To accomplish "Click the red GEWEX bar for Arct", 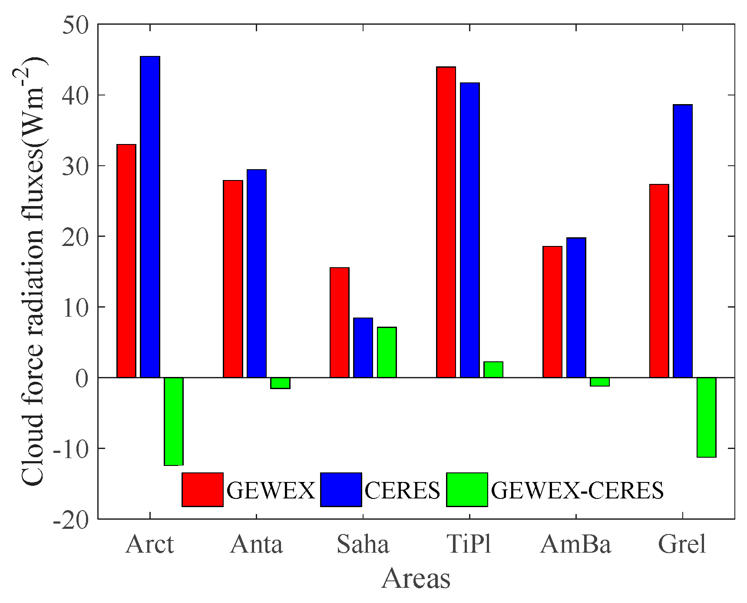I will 126,261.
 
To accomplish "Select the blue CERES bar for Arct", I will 150,217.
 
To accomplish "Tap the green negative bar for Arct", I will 174,421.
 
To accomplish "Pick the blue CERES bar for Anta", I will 257,273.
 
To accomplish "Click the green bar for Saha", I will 387,352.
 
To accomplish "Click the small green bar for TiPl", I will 493,370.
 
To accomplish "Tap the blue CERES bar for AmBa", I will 576,308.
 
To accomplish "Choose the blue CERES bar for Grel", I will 683,241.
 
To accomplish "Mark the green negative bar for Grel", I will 706,417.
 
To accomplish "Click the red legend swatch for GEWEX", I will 202,489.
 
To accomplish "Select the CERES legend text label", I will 402,491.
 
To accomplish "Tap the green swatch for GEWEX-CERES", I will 467,489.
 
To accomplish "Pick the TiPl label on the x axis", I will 469,544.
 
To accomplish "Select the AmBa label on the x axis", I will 575,544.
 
